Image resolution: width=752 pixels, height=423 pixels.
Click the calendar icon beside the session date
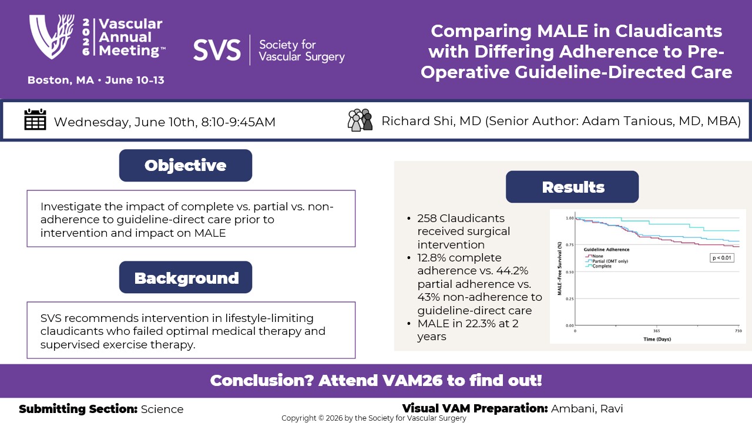35,120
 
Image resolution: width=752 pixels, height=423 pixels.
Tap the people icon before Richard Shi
360,120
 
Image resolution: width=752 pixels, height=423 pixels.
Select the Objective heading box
186,166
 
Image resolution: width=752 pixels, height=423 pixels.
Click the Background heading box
186,277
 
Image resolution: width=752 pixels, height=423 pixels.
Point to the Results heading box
572,187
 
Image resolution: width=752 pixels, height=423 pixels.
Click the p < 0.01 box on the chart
721,258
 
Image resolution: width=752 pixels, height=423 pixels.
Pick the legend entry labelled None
598,256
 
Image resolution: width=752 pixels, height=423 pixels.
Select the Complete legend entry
602,266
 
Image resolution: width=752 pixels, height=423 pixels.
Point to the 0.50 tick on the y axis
569,271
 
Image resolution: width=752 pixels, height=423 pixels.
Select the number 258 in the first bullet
427,218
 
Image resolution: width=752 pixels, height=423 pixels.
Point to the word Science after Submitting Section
162,409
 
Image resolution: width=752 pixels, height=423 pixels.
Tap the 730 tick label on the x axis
738,331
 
